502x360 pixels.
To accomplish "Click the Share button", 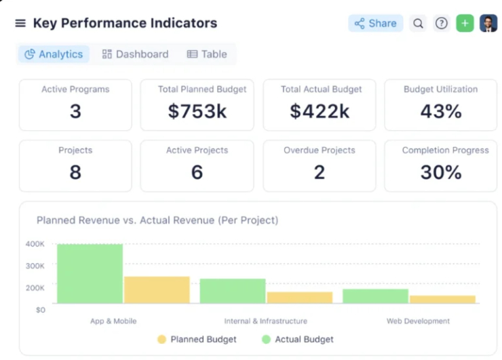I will click(375, 24).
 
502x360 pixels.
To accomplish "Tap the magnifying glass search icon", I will click(419, 24).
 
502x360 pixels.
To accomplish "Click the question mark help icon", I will click(442, 24).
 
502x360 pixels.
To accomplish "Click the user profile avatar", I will click(488, 24).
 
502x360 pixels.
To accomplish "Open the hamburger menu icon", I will click(20, 24).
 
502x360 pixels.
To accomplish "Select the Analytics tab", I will click(54, 54).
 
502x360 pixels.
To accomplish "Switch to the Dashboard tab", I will click(135, 54).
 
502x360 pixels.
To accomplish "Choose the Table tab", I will click(207, 54).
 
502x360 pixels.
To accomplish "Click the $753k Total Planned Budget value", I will click(197, 111).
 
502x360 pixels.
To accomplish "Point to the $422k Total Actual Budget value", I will click(319, 111).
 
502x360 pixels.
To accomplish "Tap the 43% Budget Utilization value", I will click(440, 111).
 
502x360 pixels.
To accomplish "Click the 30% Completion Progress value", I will click(440, 172).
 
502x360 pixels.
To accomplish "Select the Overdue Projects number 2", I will click(319, 172).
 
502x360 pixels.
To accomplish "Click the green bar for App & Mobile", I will click(90, 274).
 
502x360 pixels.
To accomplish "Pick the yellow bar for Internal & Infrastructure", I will click(300, 298).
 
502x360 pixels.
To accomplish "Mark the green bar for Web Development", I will click(375, 296).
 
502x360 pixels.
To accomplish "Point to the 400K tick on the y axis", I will click(35, 244).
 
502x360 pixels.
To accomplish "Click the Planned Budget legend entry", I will click(197, 339).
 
